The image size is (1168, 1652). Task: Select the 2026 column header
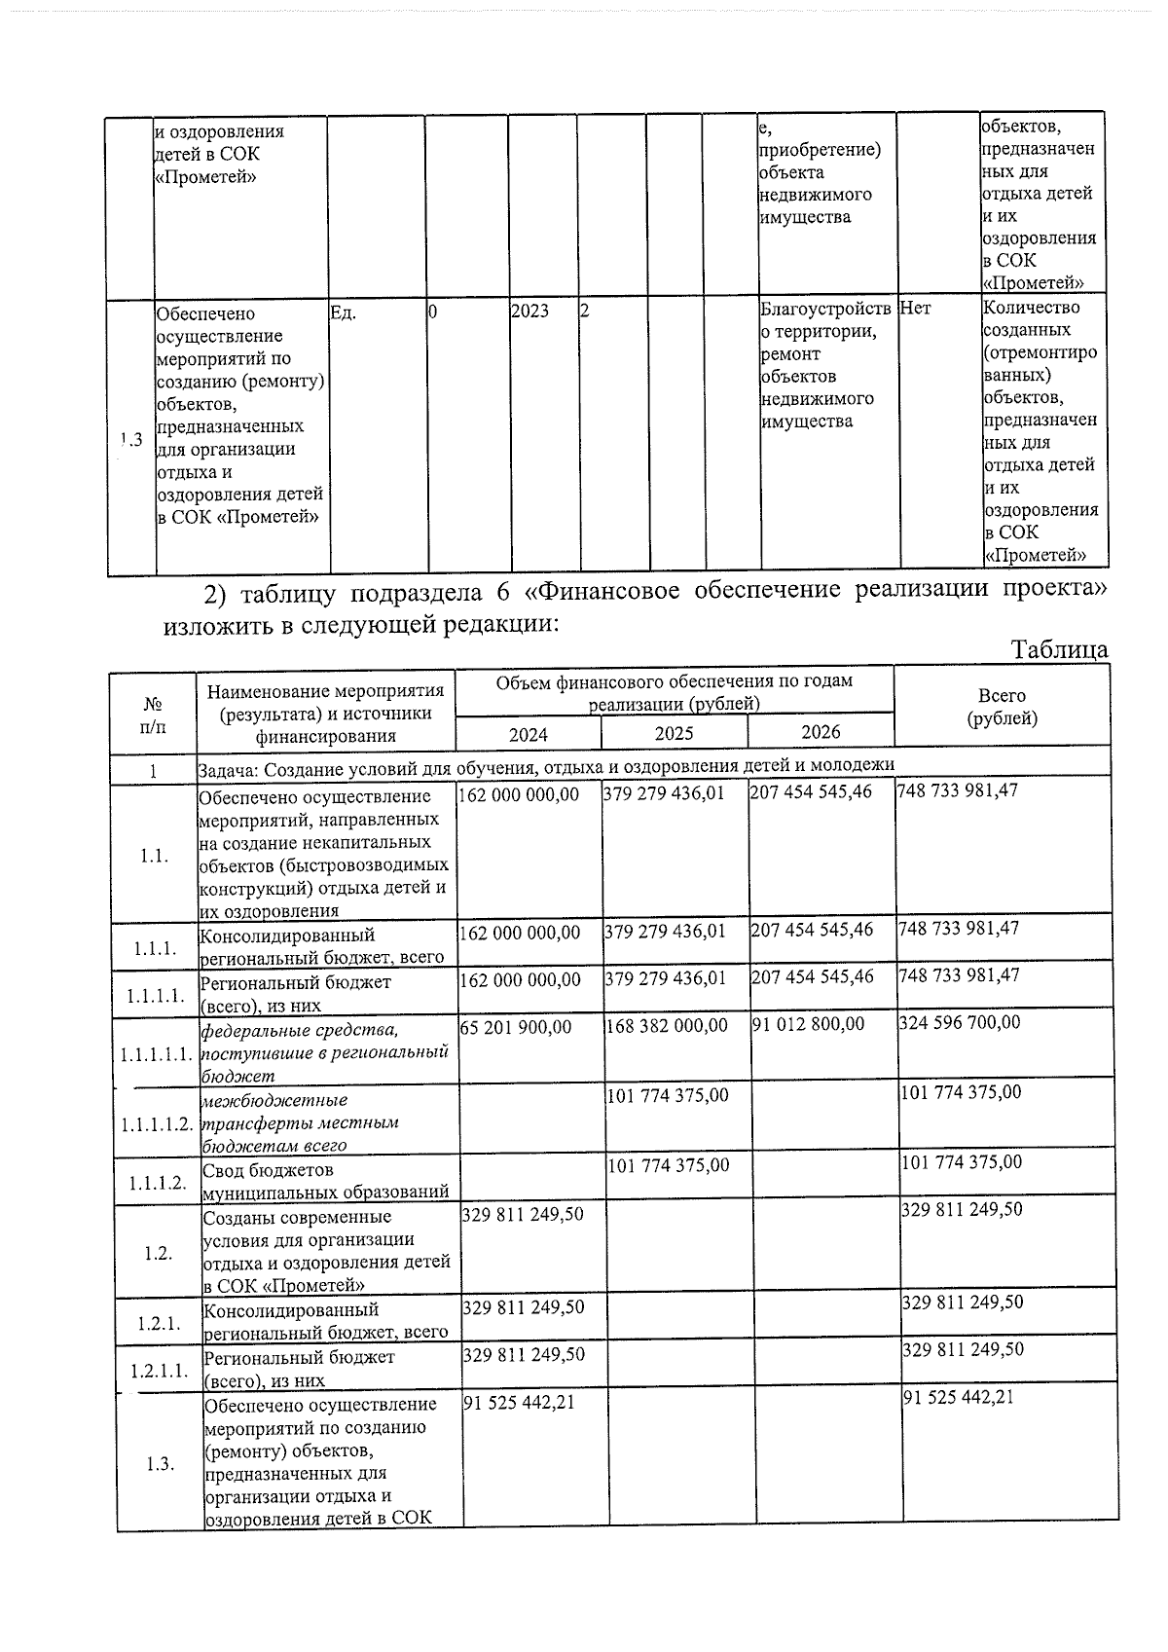[821, 732]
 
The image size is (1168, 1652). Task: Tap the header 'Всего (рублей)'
[1002, 707]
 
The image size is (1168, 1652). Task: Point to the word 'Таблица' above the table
[1059, 649]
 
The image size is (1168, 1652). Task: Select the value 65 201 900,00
[516, 1026]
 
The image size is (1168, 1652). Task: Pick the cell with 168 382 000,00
[666, 1025]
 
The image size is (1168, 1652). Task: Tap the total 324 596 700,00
[959, 1022]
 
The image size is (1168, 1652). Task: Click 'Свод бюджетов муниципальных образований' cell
[325, 1181]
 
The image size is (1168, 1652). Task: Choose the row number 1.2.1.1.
[160, 1371]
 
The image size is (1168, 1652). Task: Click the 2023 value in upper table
[529, 311]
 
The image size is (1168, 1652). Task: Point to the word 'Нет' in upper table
[915, 308]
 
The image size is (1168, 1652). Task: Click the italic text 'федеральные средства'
[299, 1030]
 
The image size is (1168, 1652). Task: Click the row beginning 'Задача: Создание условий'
[545, 766]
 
